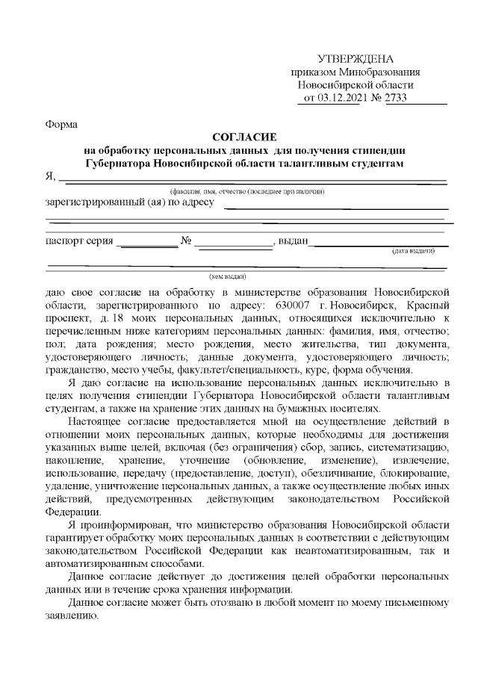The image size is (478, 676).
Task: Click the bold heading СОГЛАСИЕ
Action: click(x=244, y=137)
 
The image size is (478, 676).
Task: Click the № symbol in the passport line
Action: click(x=187, y=241)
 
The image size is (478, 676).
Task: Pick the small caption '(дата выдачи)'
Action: click(x=414, y=252)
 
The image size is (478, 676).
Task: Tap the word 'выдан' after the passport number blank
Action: click(x=294, y=241)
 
